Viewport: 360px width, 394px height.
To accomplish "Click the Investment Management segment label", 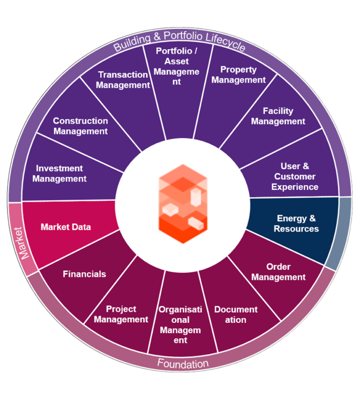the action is click(x=60, y=173).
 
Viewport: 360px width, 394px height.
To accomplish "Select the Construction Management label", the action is click(x=81, y=126).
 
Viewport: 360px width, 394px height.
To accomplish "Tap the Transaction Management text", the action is click(x=123, y=80).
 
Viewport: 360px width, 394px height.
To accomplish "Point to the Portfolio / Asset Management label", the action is click(x=176, y=67).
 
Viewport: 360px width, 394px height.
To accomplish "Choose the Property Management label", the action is click(x=238, y=74).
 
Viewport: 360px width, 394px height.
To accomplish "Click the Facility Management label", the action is click(x=278, y=116).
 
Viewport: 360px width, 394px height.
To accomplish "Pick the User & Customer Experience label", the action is click(x=295, y=177).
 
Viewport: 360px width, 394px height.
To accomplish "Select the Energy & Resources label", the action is click(x=296, y=223).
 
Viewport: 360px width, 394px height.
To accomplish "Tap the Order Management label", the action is click(x=278, y=272).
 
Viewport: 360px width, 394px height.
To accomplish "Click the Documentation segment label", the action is click(x=236, y=315).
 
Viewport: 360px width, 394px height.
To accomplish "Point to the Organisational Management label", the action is click(x=180, y=325).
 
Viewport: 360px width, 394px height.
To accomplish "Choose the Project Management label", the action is click(x=121, y=314).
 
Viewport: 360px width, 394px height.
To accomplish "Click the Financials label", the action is click(x=84, y=274).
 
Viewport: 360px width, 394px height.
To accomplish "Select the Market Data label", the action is click(x=66, y=227).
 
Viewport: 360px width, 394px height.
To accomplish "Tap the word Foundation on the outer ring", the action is click(x=183, y=364).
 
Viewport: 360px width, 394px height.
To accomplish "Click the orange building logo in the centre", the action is click(x=183, y=204).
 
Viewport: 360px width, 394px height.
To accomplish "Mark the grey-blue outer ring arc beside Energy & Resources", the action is click(x=339, y=234).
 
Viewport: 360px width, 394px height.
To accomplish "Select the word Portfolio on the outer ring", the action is click(x=183, y=36).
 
